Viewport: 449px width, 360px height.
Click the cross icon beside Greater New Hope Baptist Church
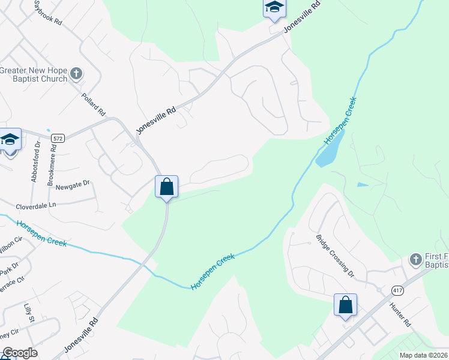tap(76, 74)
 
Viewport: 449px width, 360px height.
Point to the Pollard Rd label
tap(94, 104)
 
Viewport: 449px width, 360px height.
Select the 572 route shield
tap(58, 138)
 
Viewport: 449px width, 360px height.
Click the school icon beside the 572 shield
tap(10, 140)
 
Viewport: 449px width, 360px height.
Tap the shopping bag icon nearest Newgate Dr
tap(167, 187)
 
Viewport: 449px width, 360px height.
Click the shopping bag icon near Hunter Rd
tap(346, 305)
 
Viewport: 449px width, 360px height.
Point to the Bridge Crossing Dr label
tap(335, 256)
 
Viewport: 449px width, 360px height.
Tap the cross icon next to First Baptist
tap(415, 260)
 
